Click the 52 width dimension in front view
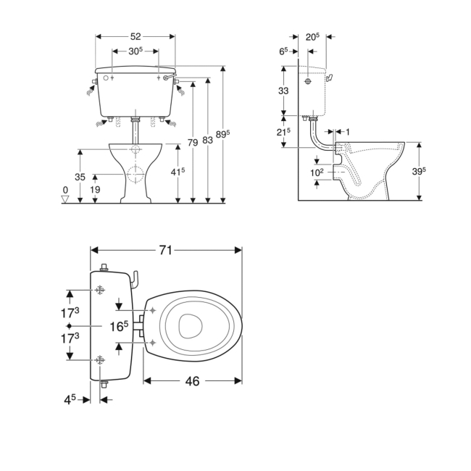(x=136, y=36)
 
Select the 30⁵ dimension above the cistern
(x=136, y=51)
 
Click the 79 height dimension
(x=193, y=143)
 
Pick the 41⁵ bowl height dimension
(x=178, y=171)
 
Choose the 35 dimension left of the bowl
(x=80, y=177)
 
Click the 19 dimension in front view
(x=95, y=189)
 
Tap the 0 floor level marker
(x=65, y=190)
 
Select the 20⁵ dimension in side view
(x=313, y=36)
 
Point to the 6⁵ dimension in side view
(x=283, y=51)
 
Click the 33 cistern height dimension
(x=283, y=91)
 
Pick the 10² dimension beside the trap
(x=316, y=172)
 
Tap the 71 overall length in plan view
(x=165, y=250)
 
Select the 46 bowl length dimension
(x=192, y=380)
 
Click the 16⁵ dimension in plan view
(x=120, y=326)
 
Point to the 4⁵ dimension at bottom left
(x=69, y=399)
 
